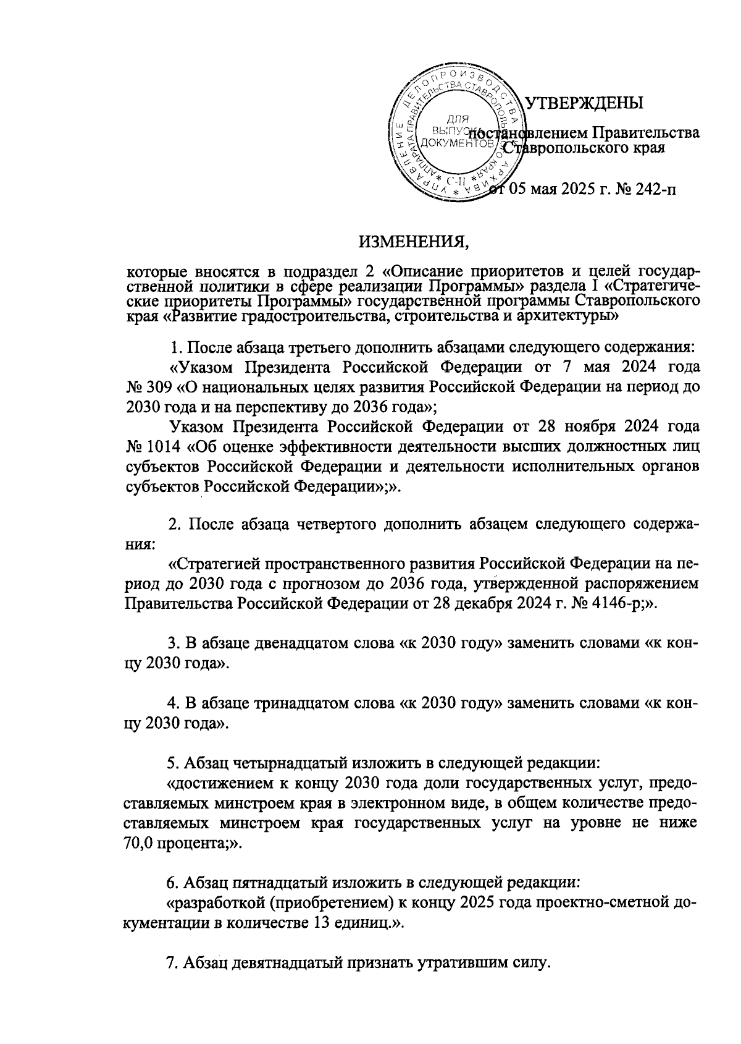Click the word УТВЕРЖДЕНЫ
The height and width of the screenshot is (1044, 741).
click(x=584, y=103)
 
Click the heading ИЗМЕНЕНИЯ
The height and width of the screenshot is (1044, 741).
click(x=414, y=241)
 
